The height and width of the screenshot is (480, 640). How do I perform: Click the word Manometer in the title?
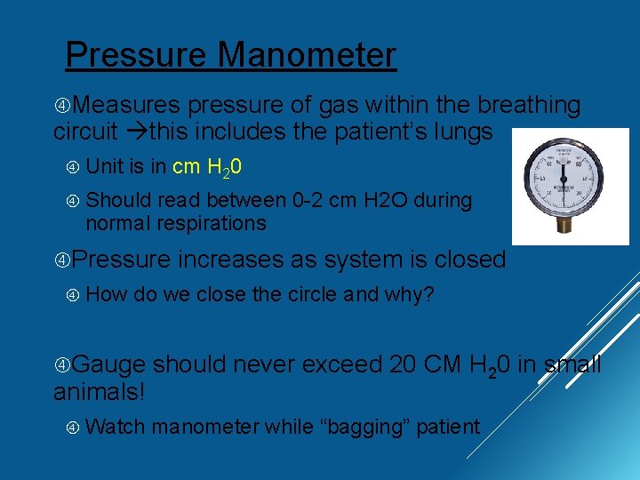pos(307,55)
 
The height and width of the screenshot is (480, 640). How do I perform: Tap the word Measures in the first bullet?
pos(129,106)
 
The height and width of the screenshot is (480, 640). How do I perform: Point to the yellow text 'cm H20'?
pos(208,167)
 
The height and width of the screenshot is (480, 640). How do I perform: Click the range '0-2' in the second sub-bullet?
pos(308,201)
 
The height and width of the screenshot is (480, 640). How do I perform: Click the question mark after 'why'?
pos(428,294)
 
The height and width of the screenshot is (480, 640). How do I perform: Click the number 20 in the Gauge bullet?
pos(406,364)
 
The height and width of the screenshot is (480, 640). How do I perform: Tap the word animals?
pos(99,392)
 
